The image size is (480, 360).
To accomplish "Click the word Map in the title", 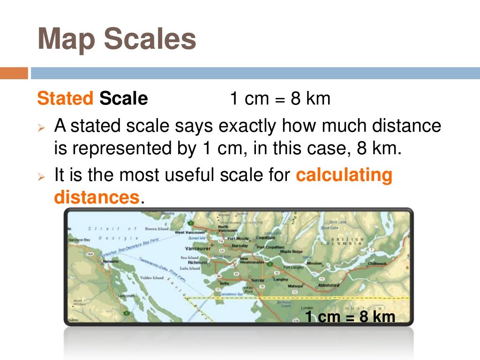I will (x=65, y=39).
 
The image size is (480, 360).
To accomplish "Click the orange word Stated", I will (x=65, y=99).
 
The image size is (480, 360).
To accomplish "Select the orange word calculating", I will (x=344, y=175).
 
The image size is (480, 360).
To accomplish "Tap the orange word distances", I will (x=97, y=197).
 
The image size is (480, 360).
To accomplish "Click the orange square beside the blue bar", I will (x=14, y=73).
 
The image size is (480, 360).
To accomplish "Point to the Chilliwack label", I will (x=377, y=263).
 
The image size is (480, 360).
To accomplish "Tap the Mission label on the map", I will (x=314, y=263).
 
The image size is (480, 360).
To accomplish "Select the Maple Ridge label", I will (x=292, y=252).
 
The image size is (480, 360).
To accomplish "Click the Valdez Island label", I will (x=152, y=278).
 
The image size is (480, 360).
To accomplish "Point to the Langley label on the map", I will (x=280, y=279).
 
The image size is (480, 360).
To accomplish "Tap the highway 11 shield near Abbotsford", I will (x=322, y=278).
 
